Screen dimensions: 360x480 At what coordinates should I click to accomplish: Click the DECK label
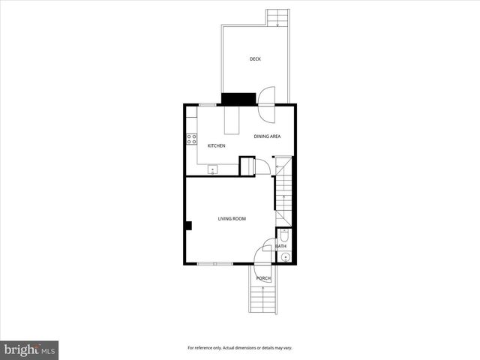pyautogui.click(x=255, y=58)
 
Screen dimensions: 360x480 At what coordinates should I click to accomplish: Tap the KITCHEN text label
pyautogui.click(x=216, y=145)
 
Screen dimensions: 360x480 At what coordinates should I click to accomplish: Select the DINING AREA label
pyautogui.click(x=267, y=136)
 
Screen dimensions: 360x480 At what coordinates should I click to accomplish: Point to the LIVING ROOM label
pyautogui.click(x=232, y=219)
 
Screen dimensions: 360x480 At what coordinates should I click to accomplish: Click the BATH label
pyautogui.click(x=281, y=246)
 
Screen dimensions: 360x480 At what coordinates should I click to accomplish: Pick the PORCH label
pyautogui.click(x=263, y=278)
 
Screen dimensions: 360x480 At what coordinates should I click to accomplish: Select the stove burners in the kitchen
pyautogui.click(x=191, y=139)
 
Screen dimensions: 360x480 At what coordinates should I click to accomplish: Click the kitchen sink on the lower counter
pyautogui.click(x=212, y=169)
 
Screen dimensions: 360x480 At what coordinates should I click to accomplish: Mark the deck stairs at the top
pyautogui.click(x=277, y=18)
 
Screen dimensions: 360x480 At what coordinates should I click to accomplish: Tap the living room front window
pyautogui.click(x=214, y=263)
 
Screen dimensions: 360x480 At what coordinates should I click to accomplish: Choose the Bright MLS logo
pyautogui.click(x=29, y=349)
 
